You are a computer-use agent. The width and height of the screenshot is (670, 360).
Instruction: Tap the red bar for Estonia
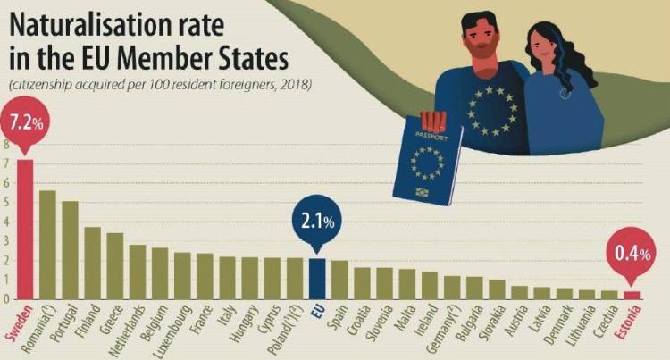pos(632,295)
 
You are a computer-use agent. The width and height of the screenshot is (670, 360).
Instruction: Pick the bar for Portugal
pos(70,250)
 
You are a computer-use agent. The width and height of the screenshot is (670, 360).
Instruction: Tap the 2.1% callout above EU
pos(317,217)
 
